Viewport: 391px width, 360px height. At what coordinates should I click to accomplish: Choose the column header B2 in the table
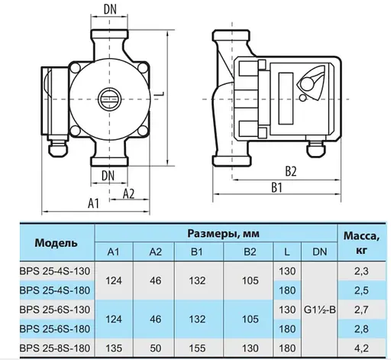(x=246, y=251)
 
